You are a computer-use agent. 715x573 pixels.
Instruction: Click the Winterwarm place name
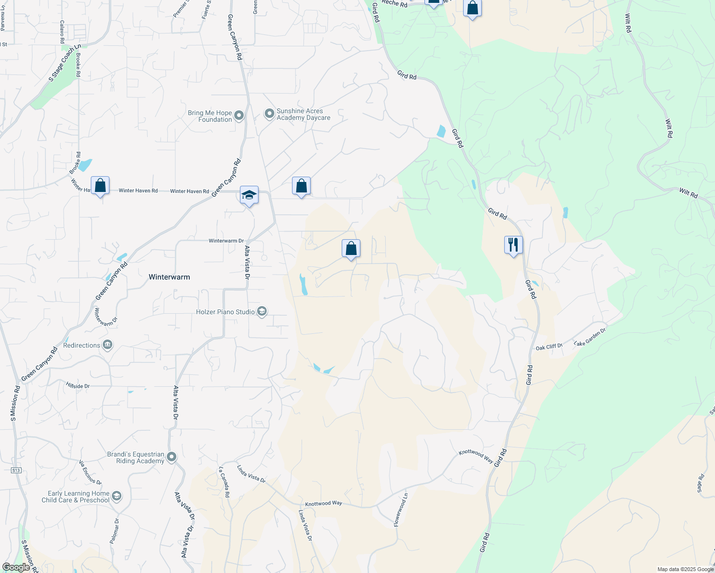tap(169, 277)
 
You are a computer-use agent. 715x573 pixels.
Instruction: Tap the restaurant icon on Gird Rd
tap(513, 245)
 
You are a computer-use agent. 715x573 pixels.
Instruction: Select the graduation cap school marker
tap(249, 195)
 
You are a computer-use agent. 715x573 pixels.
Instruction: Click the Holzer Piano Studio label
tap(226, 312)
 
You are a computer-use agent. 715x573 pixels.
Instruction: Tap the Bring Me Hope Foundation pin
tap(239, 115)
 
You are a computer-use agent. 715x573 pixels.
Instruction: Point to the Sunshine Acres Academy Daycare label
tap(303, 114)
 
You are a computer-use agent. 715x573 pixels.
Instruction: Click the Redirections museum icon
tap(108, 345)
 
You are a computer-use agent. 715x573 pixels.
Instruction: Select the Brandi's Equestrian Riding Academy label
tap(136, 457)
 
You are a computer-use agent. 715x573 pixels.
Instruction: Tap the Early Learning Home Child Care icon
tap(117, 497)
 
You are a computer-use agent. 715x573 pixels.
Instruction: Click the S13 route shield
tap(16, 470)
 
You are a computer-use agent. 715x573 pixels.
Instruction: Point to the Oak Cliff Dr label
tap(549, 347)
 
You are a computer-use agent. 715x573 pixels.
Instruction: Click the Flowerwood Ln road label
tap(401, 510)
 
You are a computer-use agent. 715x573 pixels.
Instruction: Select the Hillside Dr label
tap(78, 386)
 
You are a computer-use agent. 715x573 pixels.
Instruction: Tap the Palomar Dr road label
tap(115, 531)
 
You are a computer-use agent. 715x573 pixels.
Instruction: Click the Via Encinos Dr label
tap(90, 472)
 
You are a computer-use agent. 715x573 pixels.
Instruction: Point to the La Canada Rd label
tap(224, 482)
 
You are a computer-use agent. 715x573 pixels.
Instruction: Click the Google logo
tap(16, 567)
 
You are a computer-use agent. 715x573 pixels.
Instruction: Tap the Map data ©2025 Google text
tap(685, 569)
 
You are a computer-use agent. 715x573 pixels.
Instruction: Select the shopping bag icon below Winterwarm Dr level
tap(351, 249)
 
